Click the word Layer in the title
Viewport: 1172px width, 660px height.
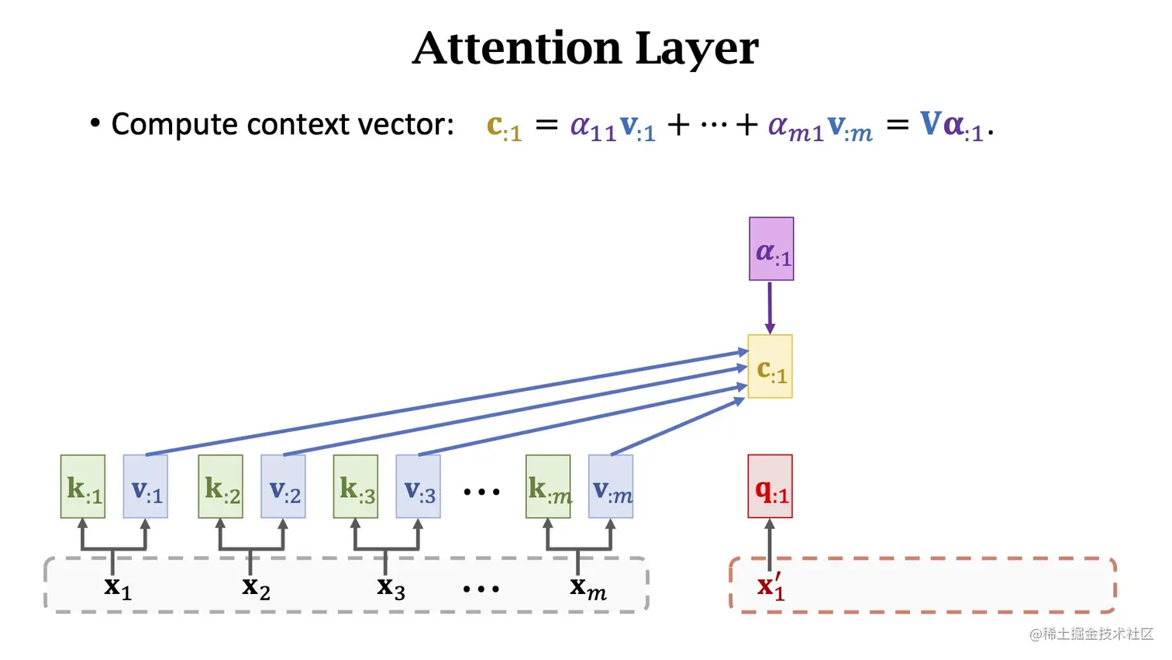point(696,50)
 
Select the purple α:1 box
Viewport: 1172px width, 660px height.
point(771,249)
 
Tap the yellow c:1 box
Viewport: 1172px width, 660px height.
point(770,367)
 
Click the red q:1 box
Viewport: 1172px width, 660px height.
point(770,486)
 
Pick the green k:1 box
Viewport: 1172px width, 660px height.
point(83,486)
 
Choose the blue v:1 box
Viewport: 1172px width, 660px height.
point(146,486)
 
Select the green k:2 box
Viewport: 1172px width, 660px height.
point(221,486)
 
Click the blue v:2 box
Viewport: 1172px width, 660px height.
point(283,486)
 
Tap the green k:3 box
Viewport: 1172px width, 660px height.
point(356,486)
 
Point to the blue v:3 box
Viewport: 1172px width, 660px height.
point(419,486)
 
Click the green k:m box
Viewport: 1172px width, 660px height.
point(548,486)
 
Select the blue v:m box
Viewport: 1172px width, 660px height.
point(611,486)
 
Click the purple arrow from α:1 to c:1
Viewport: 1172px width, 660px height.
point(770,307)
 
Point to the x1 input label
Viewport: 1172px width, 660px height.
point(118,587)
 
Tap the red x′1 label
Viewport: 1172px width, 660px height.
point(770,586)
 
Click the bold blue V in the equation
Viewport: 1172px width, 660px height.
point(930,123)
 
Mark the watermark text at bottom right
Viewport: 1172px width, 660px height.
point(1091,634)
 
